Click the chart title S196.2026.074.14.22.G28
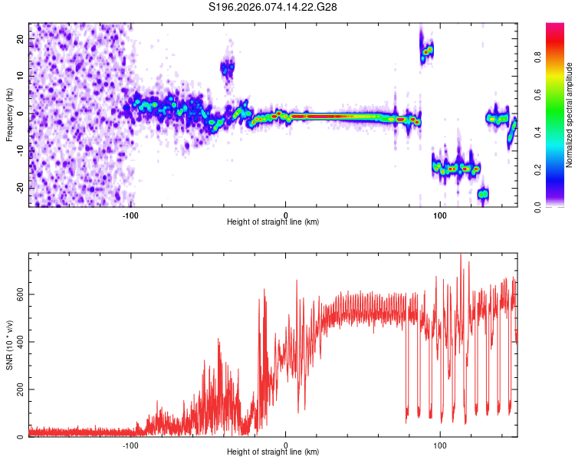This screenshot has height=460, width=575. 273,7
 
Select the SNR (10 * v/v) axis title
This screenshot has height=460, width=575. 8,345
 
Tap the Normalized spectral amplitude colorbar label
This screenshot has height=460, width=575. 570,115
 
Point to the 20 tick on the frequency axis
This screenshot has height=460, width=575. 21,38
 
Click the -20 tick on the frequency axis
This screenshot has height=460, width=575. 19,188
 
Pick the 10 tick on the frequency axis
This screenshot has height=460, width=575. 21,76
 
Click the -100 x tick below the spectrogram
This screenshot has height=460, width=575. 131,215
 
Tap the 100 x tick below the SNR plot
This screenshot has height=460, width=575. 440,445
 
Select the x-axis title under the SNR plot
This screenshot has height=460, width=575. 273,452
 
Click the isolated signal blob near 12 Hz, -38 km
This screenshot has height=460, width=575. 228,68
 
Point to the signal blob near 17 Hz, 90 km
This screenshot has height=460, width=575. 426,51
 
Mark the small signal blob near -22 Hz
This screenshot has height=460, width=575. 483,194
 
